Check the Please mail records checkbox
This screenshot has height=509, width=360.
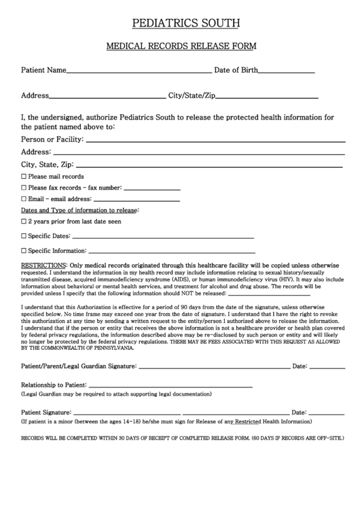tap(24, 177)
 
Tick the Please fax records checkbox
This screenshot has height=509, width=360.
tap(24, 188)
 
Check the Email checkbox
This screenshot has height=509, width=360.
tap(24, 199)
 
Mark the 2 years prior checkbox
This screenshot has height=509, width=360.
tap(24, 222)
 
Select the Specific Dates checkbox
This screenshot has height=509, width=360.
tap(24, 236)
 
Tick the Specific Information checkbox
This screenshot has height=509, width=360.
tap(24, 251)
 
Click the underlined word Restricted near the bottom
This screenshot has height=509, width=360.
tap(249, 422)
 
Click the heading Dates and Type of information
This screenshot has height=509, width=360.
tap(79, 211)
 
